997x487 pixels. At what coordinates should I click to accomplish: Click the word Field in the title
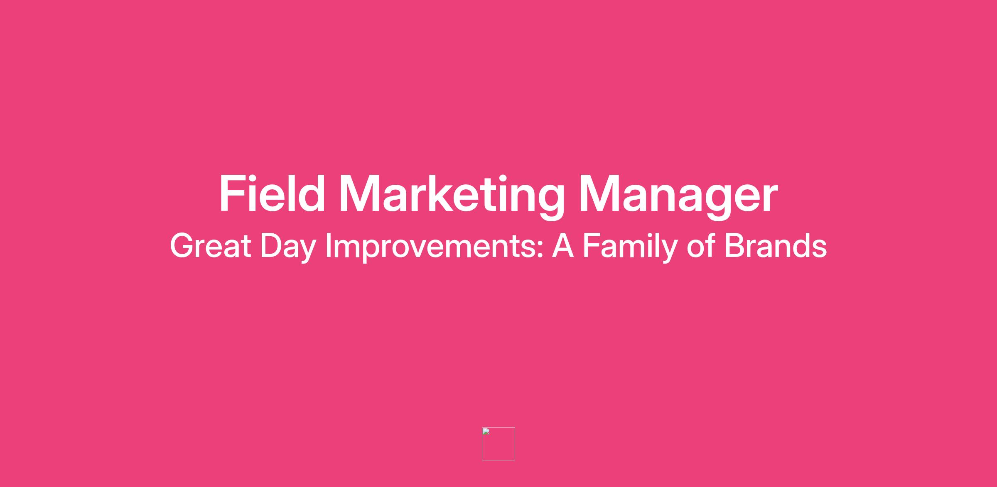(272, 194)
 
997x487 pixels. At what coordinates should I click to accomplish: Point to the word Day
(288, 248)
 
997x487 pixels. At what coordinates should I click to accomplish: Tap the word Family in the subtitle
(630, 248)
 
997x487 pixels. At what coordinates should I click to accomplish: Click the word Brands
(776, 246)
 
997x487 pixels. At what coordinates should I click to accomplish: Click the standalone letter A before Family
(563, 246)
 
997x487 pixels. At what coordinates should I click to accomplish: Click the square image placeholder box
(498, 444)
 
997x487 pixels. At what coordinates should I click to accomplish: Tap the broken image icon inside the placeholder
(486, 431)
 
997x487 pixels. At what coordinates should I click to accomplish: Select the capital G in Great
(182, 246)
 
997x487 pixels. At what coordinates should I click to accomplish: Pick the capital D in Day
(271, 246)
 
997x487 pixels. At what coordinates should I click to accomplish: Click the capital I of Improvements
(328, 246)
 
